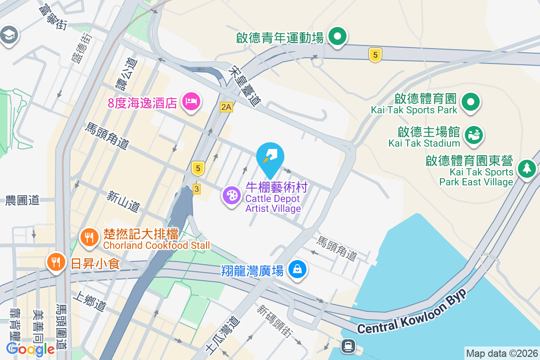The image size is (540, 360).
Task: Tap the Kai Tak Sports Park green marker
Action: click(470, 101)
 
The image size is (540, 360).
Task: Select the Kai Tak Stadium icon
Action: click(473, 134)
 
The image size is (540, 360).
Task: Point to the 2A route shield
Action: click(226, 107)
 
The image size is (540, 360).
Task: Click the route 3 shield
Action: click(196, 189)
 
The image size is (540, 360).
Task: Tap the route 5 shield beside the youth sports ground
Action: click(375, 55)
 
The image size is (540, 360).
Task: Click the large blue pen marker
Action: click(270, 157)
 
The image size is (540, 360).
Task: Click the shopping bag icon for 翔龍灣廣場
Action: click(297, 270)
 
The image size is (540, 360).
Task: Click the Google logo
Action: click(31, 349)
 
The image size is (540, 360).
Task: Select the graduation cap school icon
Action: click(8, 35)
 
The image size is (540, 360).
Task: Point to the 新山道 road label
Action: click(123, 201)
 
